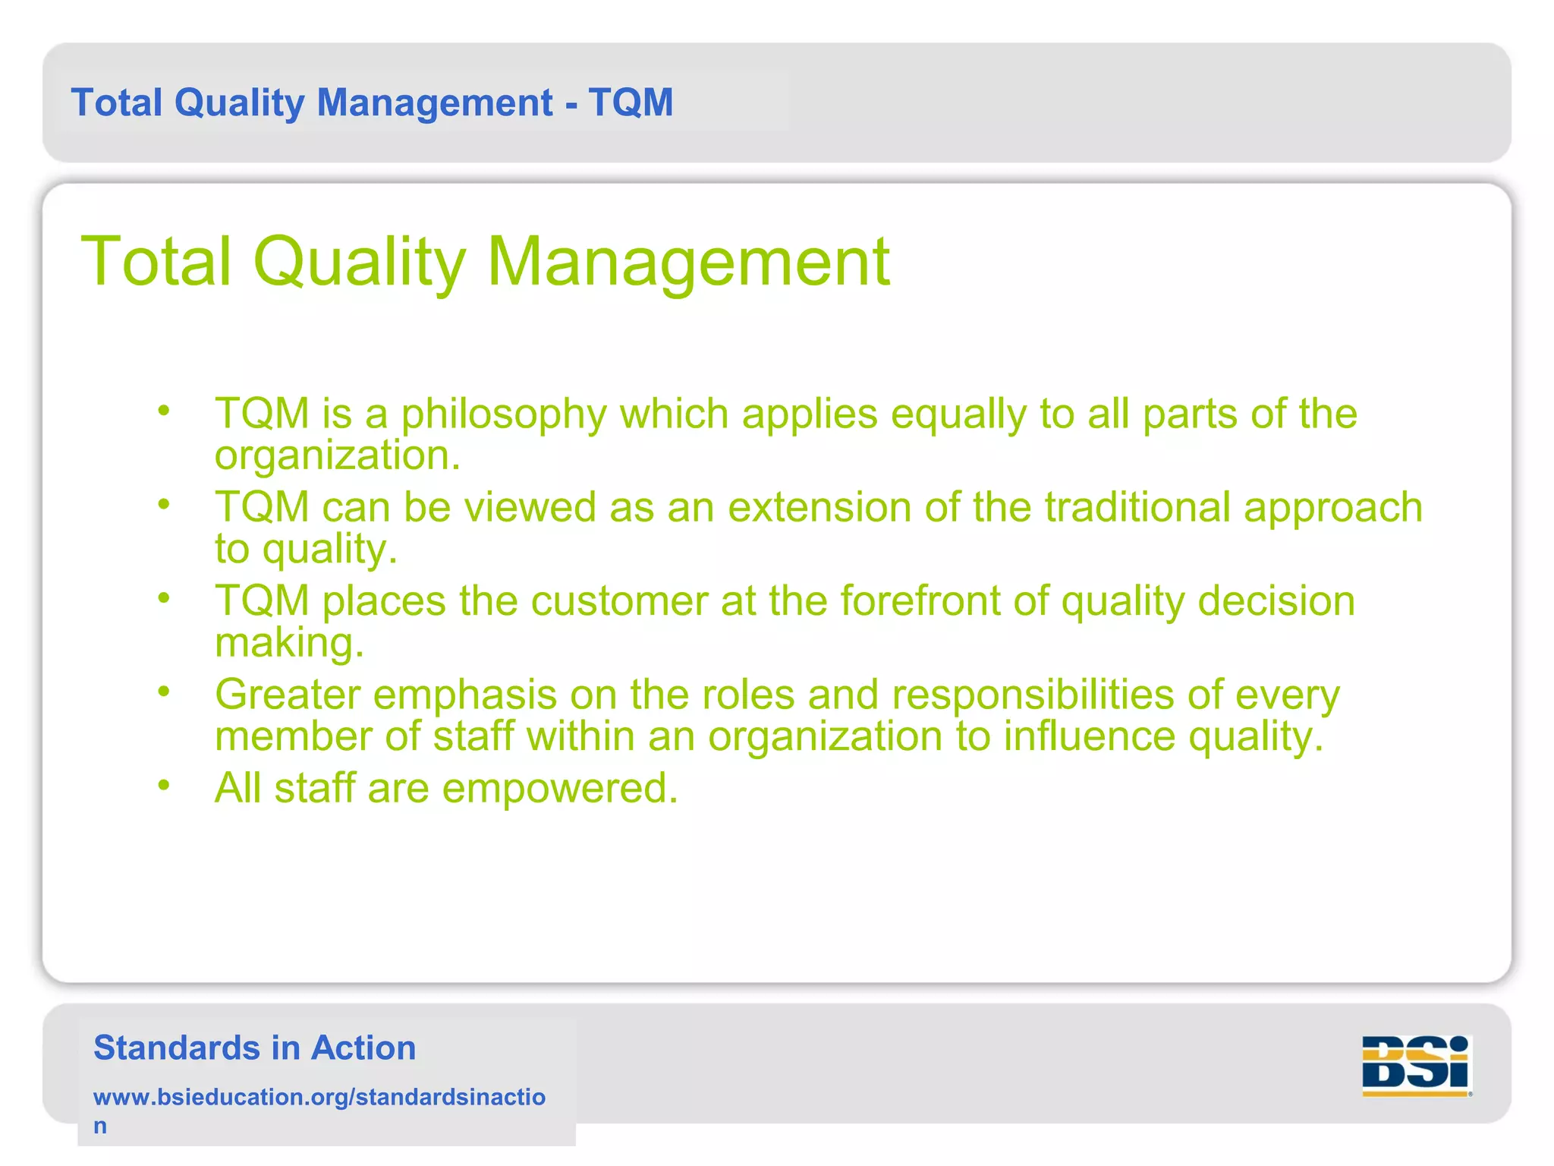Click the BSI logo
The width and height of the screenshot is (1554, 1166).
(1416, 1065)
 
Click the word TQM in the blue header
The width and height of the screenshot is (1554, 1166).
(631, 102)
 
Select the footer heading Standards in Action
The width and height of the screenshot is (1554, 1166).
(254, 1048)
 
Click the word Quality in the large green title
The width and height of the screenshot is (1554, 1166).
(359, 262)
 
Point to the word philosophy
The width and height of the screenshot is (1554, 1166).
(504, 415)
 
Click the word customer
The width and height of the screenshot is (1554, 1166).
(619, 601)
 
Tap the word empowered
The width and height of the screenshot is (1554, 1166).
(560, 788)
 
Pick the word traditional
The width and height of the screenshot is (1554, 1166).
(1137, 507)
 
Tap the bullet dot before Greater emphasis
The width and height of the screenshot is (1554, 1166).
(164, 691)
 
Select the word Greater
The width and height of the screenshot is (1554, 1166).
(288, 695)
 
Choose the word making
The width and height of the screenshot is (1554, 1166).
(289, 643)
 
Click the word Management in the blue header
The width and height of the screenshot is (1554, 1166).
(434, 102)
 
